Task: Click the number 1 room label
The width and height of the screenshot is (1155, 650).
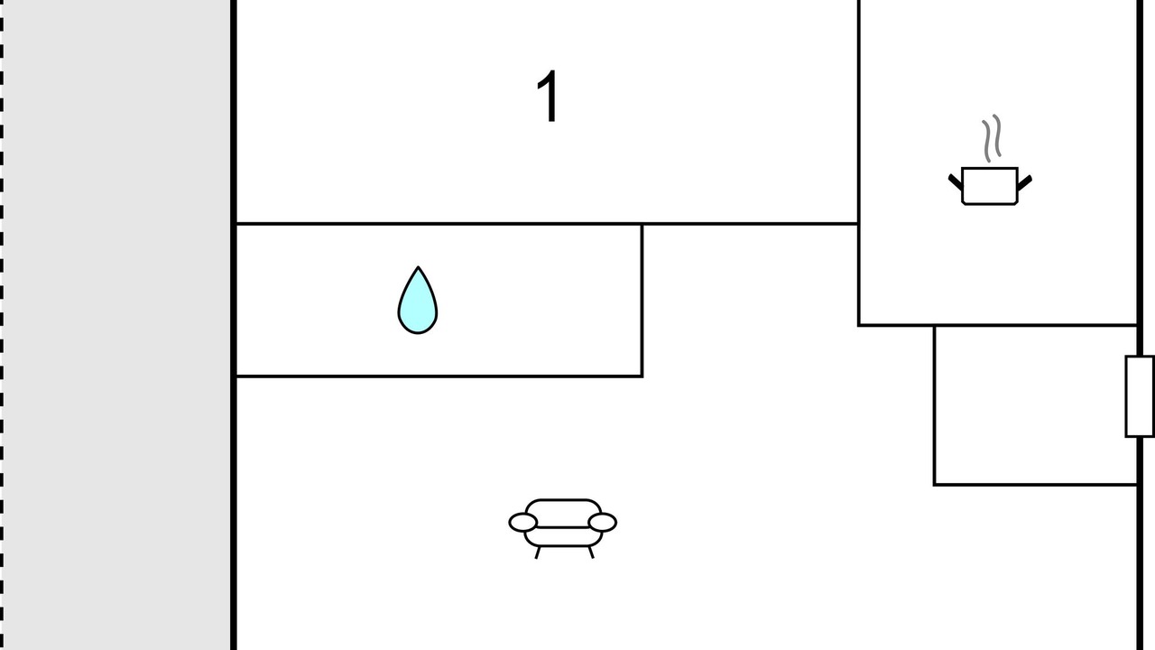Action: click(548, 97)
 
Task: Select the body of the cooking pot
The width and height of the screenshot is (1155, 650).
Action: click(990, 186)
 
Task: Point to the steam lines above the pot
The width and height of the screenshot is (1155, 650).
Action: click(992, 138)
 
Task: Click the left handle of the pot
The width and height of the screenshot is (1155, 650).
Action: click(956, 181)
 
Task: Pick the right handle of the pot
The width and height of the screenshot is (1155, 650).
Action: click(1024, 181)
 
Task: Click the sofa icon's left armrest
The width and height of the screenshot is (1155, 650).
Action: click(522, 522)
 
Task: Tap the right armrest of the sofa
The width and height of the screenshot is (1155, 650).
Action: click(602, 522)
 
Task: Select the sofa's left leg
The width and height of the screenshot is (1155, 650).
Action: click(538, 552)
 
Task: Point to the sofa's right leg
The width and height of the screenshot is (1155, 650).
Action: click(591, 552)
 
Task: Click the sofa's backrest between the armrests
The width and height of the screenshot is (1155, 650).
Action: click(563, 510)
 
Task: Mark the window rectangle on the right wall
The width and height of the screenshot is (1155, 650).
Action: click(1139, 396)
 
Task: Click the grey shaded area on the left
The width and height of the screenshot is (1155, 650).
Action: click(117, 325)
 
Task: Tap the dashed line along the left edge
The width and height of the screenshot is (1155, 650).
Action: click(3, 325)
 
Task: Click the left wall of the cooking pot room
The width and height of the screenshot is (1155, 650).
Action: click(858, 162)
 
